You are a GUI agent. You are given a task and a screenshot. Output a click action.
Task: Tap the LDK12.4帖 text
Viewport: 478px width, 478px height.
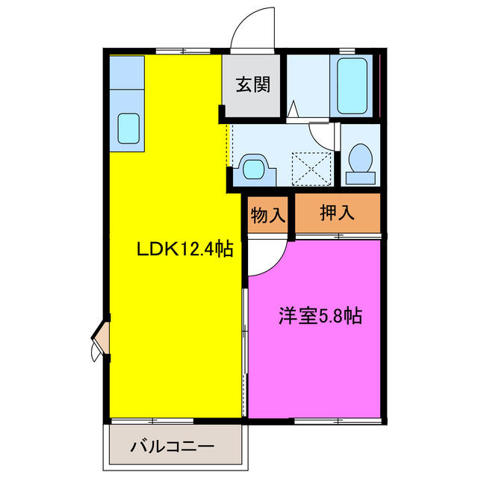(x=182, y=249)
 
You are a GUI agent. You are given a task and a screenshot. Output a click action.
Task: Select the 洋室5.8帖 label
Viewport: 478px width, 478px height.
(x=320, y=316)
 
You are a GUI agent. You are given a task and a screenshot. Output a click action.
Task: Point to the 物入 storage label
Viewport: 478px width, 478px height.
(x=268, y=216)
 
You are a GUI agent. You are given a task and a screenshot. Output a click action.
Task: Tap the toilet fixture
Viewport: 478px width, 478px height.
(x=361, y=161)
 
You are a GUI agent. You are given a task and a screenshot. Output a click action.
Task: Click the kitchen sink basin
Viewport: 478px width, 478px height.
(x=127, y=128)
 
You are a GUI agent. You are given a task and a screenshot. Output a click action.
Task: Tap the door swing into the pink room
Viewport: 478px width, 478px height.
(x=266, y=258)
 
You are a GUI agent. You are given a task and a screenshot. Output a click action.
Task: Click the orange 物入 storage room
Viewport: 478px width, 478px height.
(x=268, y=216)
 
